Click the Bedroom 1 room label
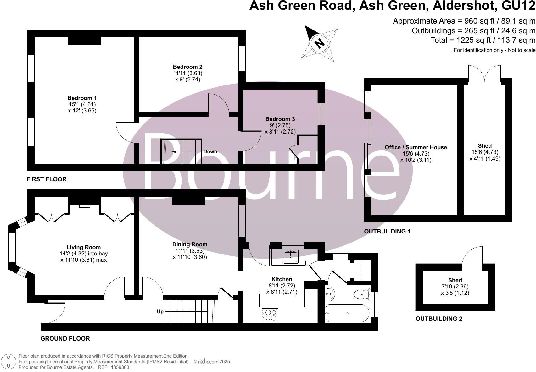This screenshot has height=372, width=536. tap(82, 98)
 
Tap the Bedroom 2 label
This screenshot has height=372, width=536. tap(187, 67)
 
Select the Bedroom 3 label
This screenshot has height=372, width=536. tap(280, 119)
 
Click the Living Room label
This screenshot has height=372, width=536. tap(83, 247)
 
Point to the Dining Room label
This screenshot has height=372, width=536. tap(190, 244)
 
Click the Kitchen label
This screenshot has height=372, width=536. tap(282, 279)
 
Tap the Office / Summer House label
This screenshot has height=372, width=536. tap(416, 147)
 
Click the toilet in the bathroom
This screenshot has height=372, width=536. tap(361, 294)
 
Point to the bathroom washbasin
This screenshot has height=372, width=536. tap(329, 294)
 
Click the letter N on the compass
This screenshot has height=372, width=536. tap(320, 43)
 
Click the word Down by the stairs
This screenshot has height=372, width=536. tap(210, 152)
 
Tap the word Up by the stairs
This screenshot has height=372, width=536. tap(160, 312)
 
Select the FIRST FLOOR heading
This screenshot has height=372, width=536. tap(47, 179)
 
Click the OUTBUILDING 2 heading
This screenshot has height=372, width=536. tap(439, 319)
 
